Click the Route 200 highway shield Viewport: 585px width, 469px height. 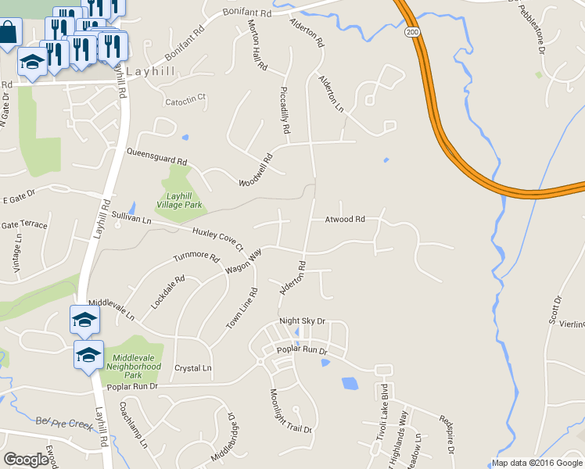[x=411, y=32]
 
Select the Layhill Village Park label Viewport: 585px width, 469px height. [x=179, y=200]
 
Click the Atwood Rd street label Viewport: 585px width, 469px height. [x=346, y=220]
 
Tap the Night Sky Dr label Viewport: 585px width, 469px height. [x=302, y=321]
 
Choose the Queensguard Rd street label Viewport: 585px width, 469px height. [x=157, y=156]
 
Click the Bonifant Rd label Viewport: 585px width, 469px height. [x=246, y=14]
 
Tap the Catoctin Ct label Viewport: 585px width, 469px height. [x=185, y=99]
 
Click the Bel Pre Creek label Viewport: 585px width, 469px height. [x=64, y=421]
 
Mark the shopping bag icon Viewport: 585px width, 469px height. [x=8, y=34]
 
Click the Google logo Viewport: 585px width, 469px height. [x=26, y=460]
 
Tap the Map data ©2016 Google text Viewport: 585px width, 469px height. [x=537, y=463]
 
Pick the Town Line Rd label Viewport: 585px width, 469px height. [x=241, y=308]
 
